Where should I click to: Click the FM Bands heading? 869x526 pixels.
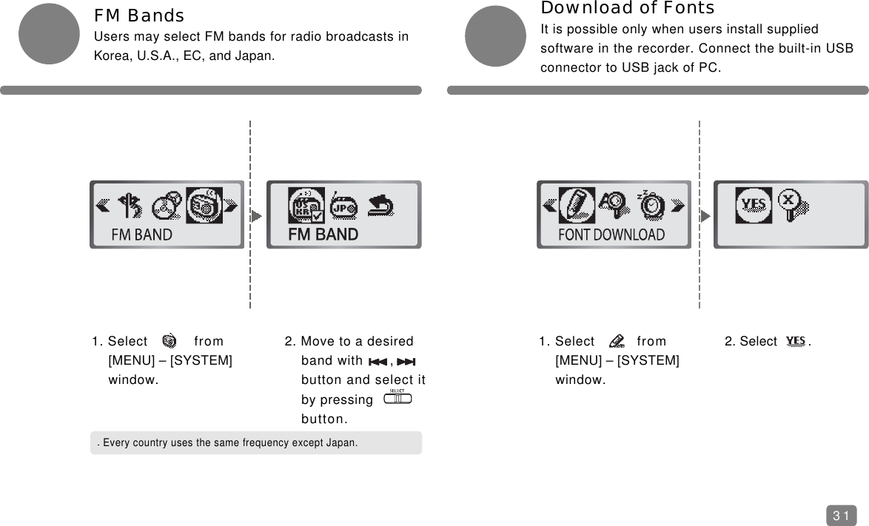coord(139,16)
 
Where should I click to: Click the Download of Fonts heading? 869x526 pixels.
coord(628,8)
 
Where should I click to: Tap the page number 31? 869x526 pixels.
coord(841,516)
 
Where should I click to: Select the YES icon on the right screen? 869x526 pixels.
coord(754,205)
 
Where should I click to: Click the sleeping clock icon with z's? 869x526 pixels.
coord(651,205)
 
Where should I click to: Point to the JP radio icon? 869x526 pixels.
coord(343,208)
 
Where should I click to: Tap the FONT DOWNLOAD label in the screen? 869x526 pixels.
coord(611,235)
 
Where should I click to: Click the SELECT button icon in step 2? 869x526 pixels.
coord(397,398)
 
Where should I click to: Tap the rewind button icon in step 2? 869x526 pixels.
coord(378,362)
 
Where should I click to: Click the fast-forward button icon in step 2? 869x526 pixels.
coord(406,362)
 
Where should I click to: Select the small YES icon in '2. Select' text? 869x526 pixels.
coord(796,341)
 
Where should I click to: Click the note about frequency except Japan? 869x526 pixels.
coord(230,443)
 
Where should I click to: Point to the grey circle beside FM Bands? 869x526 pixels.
coord(49,34)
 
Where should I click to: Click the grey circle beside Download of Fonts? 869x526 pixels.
coord(495,36)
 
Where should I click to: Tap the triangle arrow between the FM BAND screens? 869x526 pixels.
coord(256,217)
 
